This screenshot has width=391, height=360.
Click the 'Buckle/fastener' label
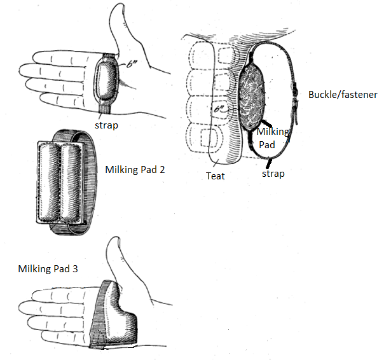click(x=343, y=95)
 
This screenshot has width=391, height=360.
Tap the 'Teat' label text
click(x=215, y=176)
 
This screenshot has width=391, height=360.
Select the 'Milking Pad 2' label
click(x=135, y=170)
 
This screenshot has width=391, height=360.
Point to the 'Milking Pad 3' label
click(x=48, y=268)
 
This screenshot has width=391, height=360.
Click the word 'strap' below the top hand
click(x=106, y=125)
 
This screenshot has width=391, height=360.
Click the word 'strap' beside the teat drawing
click(x=273, y=174)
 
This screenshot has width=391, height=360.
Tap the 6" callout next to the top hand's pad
click(x=131, y=64)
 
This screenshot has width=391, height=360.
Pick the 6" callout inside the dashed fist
click(x=219, y=109)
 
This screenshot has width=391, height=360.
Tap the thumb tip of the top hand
click(x=119, y=5)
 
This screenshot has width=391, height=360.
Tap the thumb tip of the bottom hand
click(x=114, y=239)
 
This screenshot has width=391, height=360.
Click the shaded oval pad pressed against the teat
click(x=252, y=96)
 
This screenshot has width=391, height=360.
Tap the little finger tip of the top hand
click(x=43, y=98)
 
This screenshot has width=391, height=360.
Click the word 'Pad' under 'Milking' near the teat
click(x=267, y=144)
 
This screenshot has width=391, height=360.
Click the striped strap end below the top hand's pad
click(x=105, y=108)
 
